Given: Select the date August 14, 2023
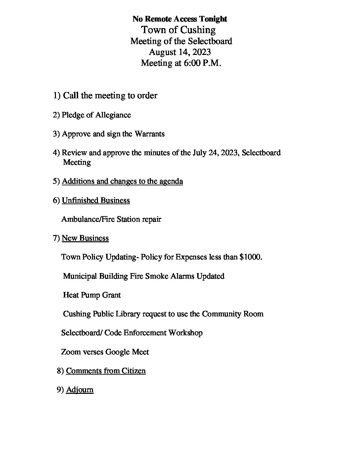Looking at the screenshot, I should pos(180,52).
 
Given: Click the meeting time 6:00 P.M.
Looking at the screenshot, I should pos(202,63).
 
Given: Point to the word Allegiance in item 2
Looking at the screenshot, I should pos(113,115).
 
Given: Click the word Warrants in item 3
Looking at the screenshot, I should pos(149,134).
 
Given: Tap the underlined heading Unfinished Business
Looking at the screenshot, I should pos(96,200).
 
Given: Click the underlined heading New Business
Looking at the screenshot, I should pos(85,238).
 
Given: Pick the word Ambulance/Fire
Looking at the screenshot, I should pos(86,219).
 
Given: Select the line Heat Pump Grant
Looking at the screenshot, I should pos(92,295).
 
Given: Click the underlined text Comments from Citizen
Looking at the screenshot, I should pos(106,371).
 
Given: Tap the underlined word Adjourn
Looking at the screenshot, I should pos(80,390).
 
